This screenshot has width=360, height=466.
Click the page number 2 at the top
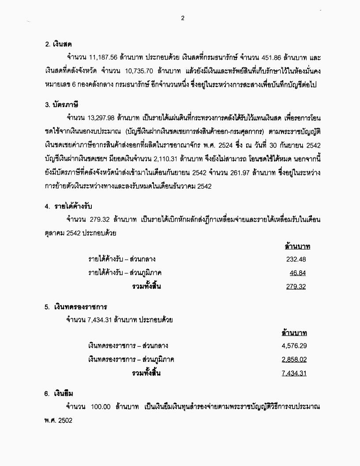pyautogui.click(x=182, y=18)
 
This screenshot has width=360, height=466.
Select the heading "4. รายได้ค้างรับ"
pyautogui.click(x=68, y=205)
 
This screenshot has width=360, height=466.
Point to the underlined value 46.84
pyautogui.click(x=298, y=273)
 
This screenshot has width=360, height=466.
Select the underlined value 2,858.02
pyautogui.click(x=294, y=359)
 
